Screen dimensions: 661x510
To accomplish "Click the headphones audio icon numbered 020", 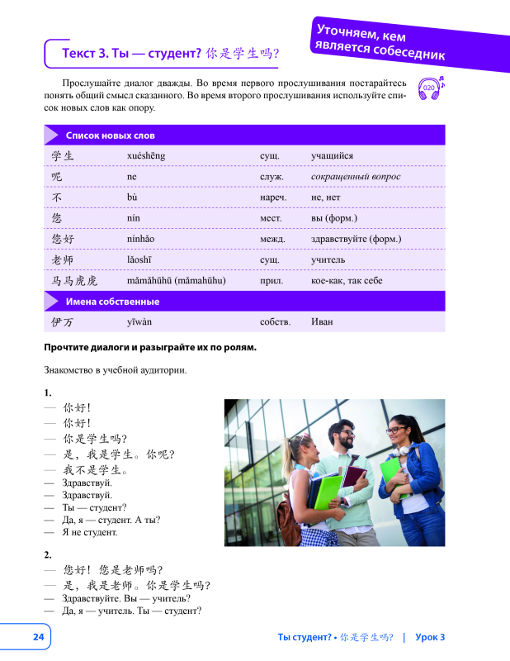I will pyautogui.click(x=429, y=88).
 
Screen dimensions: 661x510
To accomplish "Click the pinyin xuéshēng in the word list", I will pyautogui.click(x=146, y=155).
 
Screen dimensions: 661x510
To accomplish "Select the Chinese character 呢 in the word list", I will pyautogui.click(x=57, y=176).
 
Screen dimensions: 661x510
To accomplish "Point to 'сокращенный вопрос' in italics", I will pyautogui.click(x=356, y=176).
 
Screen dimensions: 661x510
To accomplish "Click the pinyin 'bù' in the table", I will pyautogui.click(x=132, y=197).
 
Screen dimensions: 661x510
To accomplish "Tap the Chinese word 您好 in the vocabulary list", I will pyautogui.click(x=63, y=239).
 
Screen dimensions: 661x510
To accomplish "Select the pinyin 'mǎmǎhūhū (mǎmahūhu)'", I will pyautogui.click(x=177, y=281).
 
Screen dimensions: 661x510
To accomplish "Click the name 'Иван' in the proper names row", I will pyautogui.click(x=323, y=321).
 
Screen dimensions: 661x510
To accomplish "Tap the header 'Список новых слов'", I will pyautogui.click(x=111, y=135).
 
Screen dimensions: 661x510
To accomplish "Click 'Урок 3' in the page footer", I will pyautogui.click(x=430, y=636).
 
